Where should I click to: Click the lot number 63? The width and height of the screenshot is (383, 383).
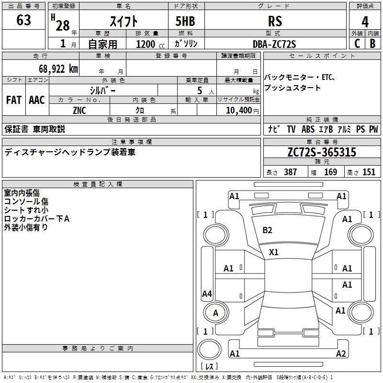(x=23, y=20)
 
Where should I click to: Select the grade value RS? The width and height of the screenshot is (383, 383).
(x=275, y=21)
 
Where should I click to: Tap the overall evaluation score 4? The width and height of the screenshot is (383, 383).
(x=365, y=22)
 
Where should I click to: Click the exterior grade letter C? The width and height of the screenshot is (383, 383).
(x=357, y=44)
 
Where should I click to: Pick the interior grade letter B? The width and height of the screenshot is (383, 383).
(x=372, y=44)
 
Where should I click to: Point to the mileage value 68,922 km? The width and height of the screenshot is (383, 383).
(x=58, y=69)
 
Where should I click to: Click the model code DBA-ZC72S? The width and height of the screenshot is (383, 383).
(x=274, y=44)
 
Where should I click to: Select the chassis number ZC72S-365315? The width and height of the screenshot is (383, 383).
(x=322, y=152)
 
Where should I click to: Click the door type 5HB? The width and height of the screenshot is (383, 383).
(x=185, y=21)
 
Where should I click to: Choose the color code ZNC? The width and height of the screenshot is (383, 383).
(x=79, y=111)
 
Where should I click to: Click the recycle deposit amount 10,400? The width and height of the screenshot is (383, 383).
(x=239, y=111)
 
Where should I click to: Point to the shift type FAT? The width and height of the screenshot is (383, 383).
(x=14, y=100)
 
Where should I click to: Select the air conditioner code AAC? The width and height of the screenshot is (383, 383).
(x=37, y=100)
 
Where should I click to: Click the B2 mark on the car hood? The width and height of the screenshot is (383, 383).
(x=267, y=230)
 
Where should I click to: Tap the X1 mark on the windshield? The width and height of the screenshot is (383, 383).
(x=273, y=252)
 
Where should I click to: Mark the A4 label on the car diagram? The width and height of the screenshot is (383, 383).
(x=207, y=293)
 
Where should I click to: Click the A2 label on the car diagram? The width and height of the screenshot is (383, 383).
(x=341, y=353)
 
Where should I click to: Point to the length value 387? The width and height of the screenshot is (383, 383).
(x=291, y=172)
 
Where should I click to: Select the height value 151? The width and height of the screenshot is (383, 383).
(x=369, y=172)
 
